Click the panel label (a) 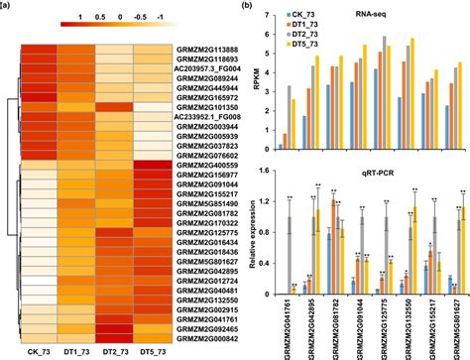pyautogui.click(x=7, y=6)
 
